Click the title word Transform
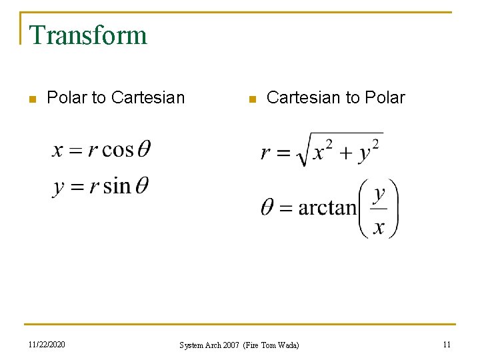[88, 35]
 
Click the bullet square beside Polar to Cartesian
[31, 99]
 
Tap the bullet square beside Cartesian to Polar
[251, 99]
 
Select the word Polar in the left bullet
[67, 98]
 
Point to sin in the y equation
[117, 185]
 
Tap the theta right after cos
[143, 149]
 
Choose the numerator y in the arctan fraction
[379, 194]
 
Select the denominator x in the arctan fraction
[379, 227]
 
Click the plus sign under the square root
[344, 154]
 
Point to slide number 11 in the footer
[447, 345]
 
